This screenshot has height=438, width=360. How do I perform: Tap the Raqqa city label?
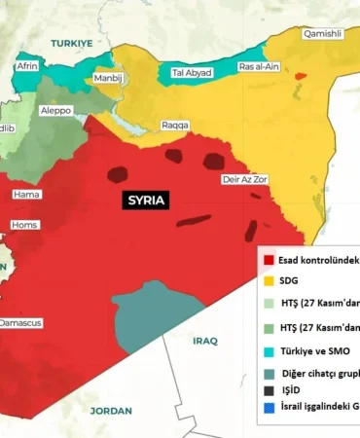point(176,126)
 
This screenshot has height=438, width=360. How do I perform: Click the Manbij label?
point(107,78)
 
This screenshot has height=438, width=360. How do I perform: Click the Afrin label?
point(27,66)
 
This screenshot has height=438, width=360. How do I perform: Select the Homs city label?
point(23,225)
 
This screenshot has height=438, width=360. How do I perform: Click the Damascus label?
point(20,322)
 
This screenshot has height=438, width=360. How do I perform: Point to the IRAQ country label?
point(204,341)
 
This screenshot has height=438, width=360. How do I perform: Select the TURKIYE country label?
point(72,44)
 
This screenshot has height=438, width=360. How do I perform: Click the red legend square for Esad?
point(264,260)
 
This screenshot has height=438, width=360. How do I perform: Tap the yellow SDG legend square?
point(264,281)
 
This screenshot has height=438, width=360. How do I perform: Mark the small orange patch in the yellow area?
point(302,75)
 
